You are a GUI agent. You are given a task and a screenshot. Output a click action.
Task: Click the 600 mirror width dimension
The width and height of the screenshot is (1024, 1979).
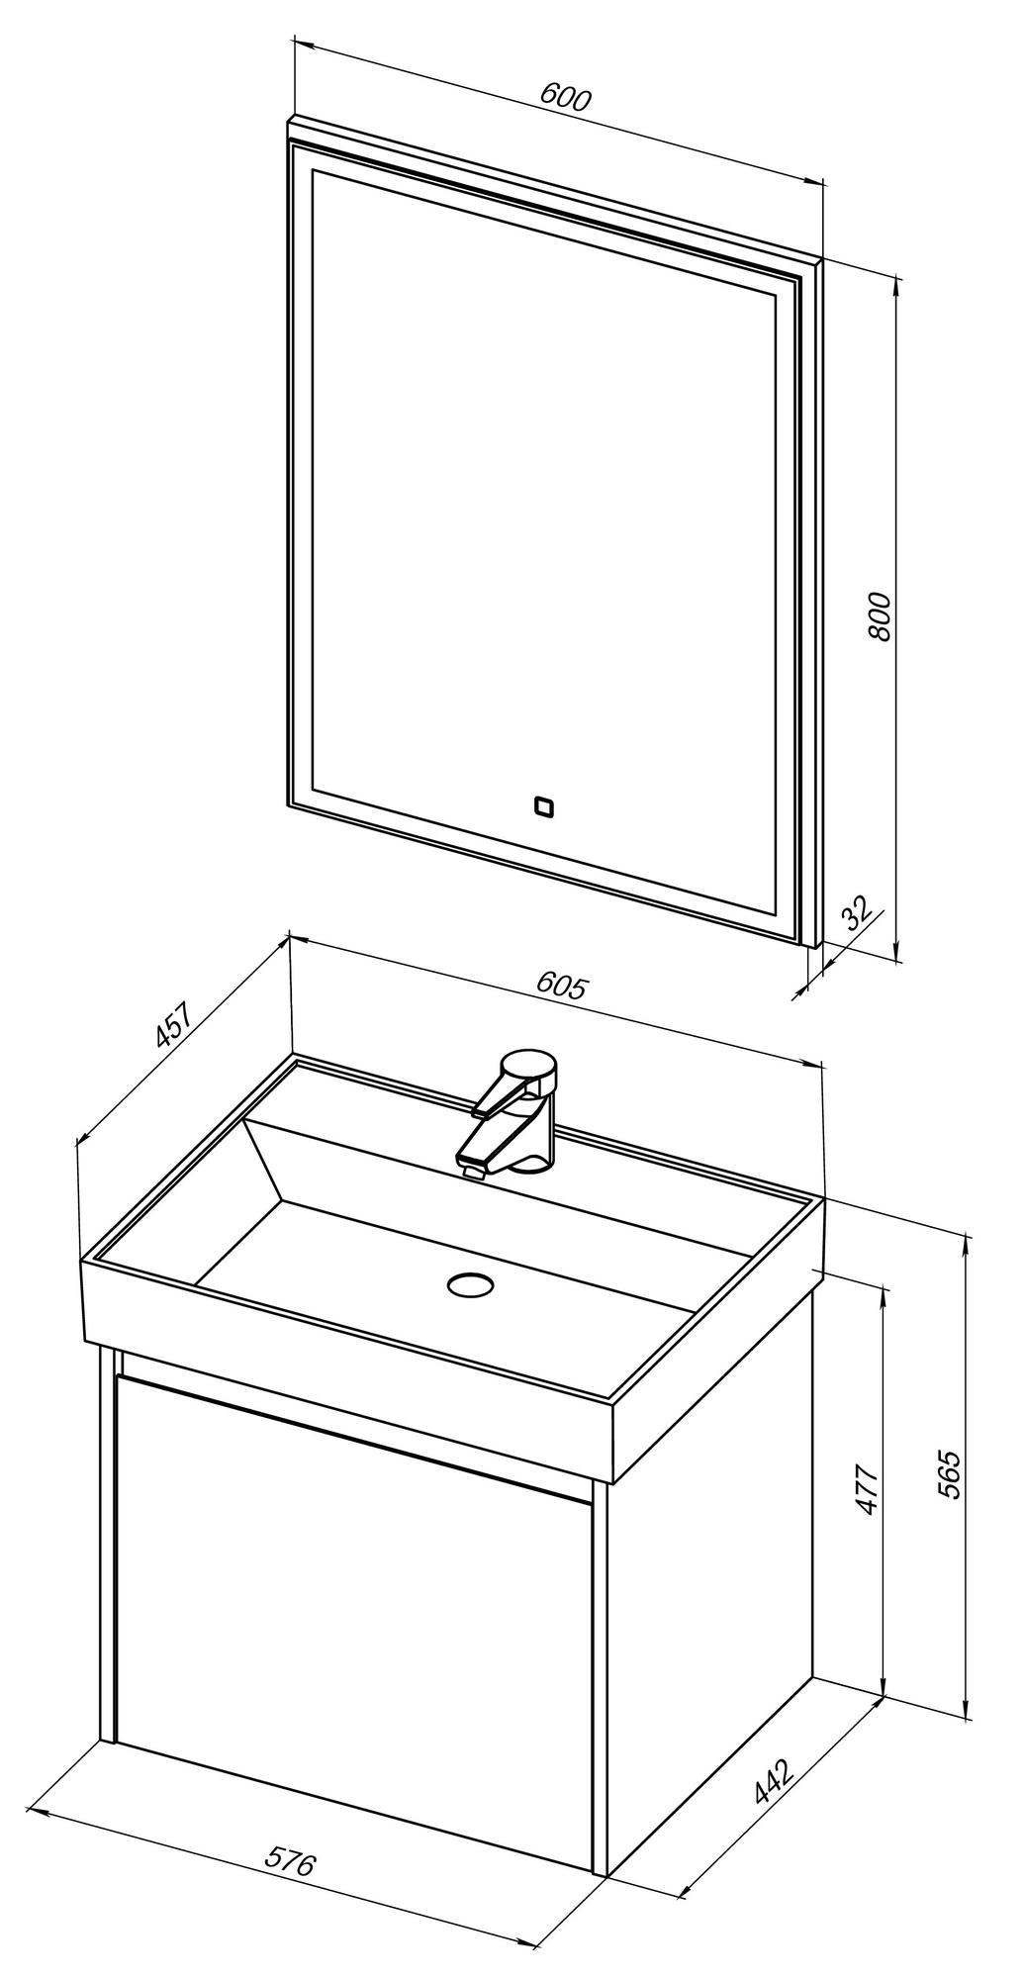(565, 98)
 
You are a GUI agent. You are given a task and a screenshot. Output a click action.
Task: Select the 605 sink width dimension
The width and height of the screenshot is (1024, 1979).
(562, 986)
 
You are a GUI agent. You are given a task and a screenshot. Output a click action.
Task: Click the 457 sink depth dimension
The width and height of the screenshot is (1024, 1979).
(172, 1025)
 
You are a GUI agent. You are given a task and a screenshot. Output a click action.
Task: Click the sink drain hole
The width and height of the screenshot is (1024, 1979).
(469, 1284)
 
